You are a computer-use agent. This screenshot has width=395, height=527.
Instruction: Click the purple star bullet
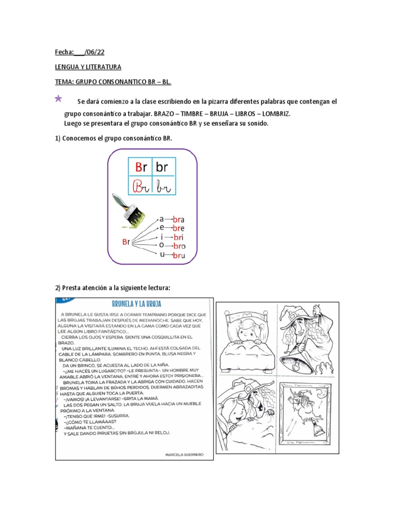click(58, 98)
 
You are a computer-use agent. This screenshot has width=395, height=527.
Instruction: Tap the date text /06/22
click(96, 52)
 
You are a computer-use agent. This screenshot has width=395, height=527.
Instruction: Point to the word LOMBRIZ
click(275, 114)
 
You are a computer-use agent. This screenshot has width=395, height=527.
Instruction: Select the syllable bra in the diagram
click(178, 219)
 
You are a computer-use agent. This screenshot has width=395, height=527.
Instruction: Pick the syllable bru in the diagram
click(178, 256)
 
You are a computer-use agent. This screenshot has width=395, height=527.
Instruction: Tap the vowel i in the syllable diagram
click(161, 237)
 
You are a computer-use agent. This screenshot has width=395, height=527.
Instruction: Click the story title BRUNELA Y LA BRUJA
click(133, 304)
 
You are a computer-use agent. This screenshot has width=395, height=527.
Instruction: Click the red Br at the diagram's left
click(126, 241)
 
